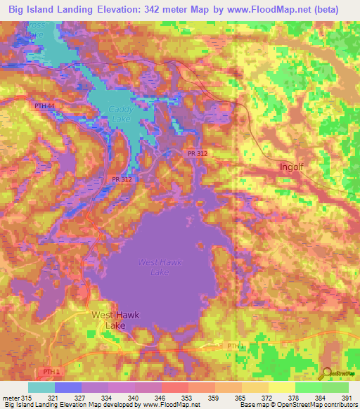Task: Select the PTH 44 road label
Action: pos(44,106)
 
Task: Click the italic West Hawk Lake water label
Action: pos(160,267)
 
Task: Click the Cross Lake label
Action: pos(34,30)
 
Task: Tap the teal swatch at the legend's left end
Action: pos(41,387)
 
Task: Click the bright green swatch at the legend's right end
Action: pos(335,387)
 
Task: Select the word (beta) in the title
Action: pos(323,10)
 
